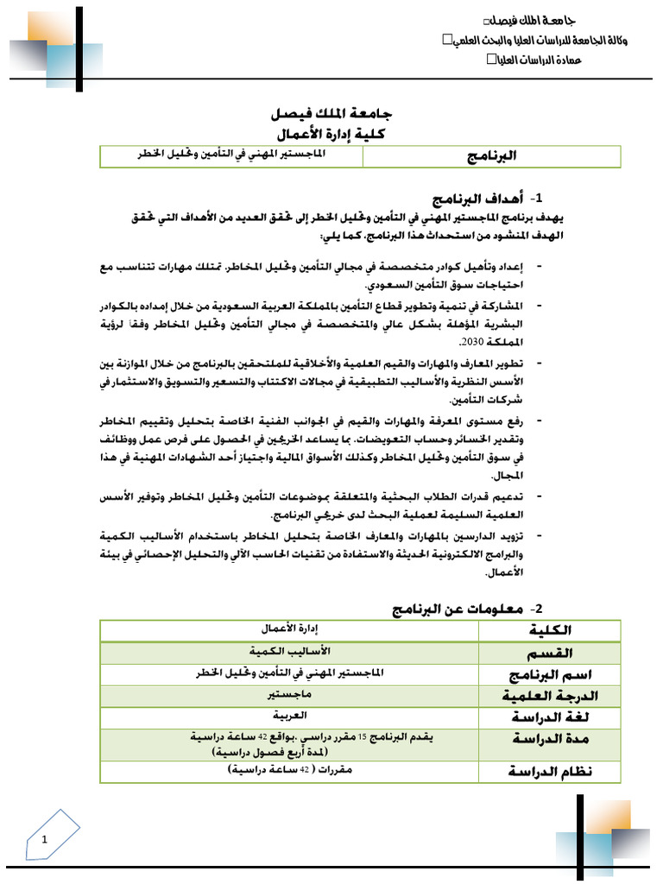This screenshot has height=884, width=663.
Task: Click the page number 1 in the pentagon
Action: [x=44, y=837]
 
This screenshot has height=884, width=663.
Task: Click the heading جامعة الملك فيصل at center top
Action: [x=331, y=114]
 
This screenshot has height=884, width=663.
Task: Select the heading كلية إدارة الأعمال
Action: [x=331, y=135]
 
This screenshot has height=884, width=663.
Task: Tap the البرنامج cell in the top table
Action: [x=491, y=156]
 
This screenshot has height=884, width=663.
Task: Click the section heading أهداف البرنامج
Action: [x=467, y=198]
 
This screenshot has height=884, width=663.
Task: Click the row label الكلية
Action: [x=548, y=631]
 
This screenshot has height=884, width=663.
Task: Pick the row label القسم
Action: [x=548, y=653]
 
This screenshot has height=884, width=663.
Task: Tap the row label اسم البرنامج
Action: [x=547, y=674]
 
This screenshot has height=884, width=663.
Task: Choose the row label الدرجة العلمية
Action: [x=548, y=696]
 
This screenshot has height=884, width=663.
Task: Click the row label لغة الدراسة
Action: [x=548, y=717]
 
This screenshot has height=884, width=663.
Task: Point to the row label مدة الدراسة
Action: [x=548, y=739]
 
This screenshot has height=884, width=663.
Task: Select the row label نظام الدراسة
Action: [x=548, y=771]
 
